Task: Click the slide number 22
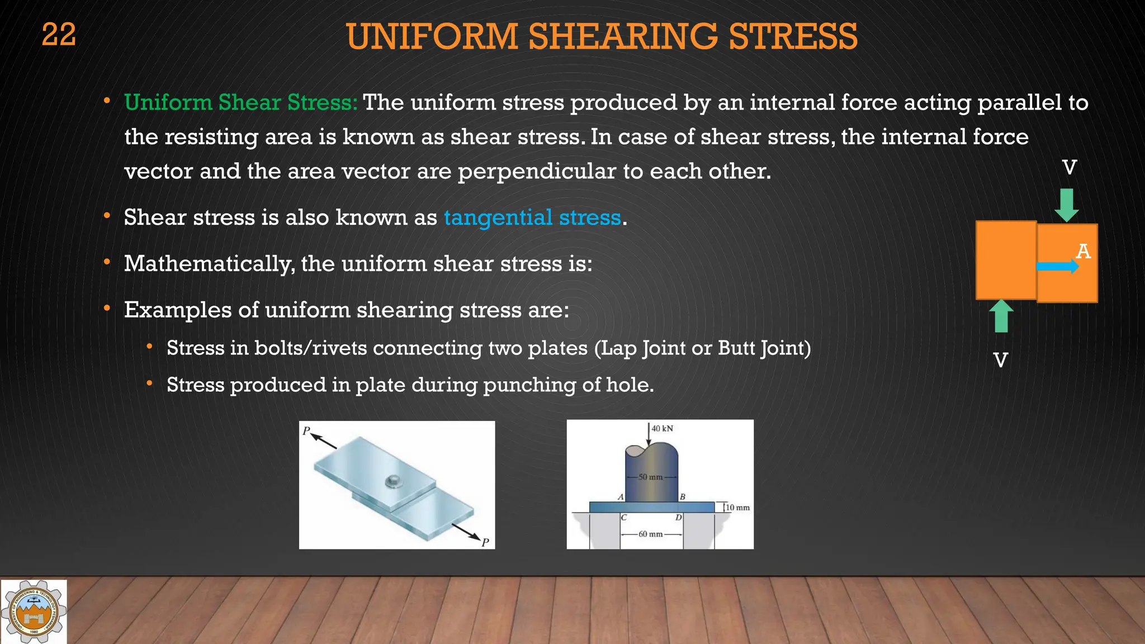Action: click(x=59, y=35)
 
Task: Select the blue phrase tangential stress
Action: click(x=532, y=217)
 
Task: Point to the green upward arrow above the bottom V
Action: click(x=1001, y=316)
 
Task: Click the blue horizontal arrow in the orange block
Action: click(x=1057, y=267)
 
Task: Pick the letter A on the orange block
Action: click(x=1083, y=252)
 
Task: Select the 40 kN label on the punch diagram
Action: click(x=662, y=429)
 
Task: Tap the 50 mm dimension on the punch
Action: click(x=650, y=477)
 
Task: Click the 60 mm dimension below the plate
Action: click(x=650, y=534)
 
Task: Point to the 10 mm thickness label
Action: click(x=737, y=508)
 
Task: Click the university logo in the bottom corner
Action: click(x=34, y=612)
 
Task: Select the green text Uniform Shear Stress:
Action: click(x=240, y=102)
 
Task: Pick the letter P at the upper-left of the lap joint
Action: click(x=306, y=431)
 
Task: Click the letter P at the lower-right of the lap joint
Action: click(x=485, y=542)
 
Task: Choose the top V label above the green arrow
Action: click(x=1069, y=167)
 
